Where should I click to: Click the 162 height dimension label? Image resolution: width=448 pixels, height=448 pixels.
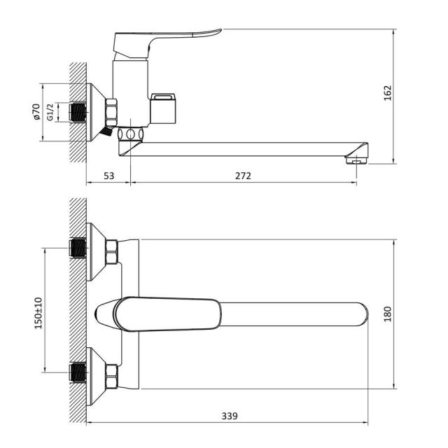(387, 93)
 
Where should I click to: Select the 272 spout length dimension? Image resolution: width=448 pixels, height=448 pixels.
(243, 176)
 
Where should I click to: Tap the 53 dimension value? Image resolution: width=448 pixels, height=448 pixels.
(108, 176)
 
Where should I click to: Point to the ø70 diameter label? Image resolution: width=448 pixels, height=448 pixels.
(36, 112)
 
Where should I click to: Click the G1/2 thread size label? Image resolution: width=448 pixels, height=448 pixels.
(50, 112)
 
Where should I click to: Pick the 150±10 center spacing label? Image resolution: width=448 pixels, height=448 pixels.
(38, 313)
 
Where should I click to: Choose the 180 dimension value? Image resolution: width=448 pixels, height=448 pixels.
(387, 314)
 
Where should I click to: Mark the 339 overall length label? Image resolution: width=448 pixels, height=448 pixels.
(230, 416)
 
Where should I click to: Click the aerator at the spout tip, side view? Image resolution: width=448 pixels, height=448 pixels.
(356, 160)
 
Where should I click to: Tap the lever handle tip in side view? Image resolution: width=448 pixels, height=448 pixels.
(220, 29)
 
